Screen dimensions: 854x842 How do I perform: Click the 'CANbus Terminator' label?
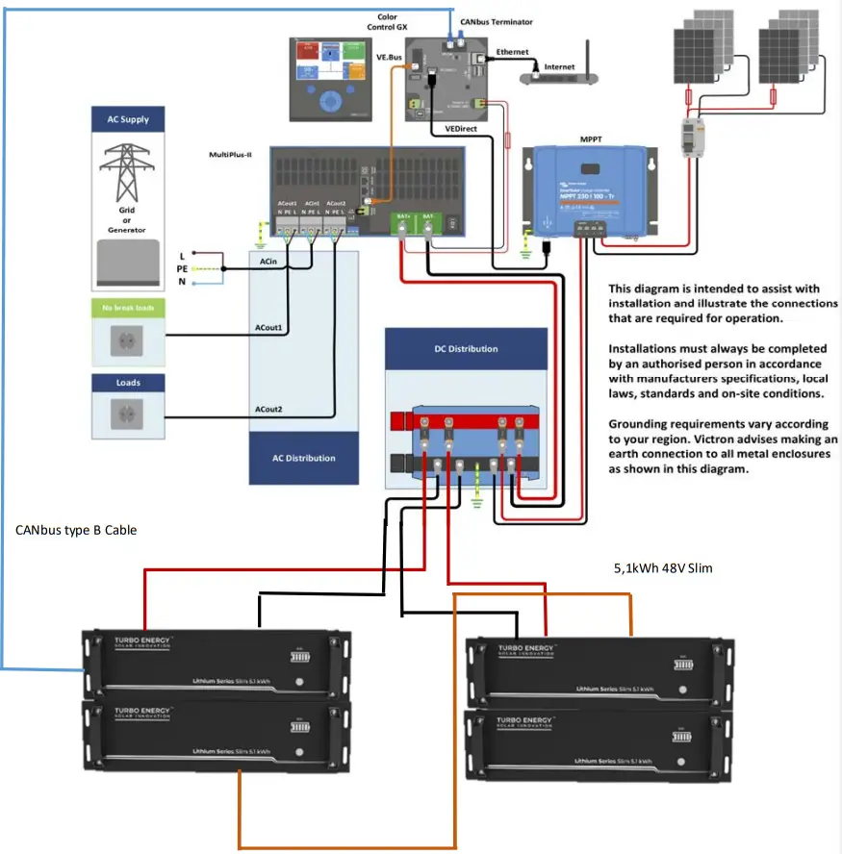point(496,21)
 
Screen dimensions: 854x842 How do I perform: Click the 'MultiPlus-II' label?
point(230,154)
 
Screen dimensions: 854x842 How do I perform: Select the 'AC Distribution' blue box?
point(303,458)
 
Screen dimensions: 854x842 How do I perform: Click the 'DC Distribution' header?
point(465,348)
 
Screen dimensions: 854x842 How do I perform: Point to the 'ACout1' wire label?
point(268,328)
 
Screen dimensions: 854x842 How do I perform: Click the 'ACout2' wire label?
point(268,409)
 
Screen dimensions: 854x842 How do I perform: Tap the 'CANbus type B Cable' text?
point(76,530)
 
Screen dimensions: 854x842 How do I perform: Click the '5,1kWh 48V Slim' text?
point(662,568)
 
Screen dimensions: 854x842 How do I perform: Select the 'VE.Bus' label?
point(388,58)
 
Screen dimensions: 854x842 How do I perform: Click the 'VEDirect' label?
point(461,127)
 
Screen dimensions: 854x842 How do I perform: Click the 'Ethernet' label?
point(512,51)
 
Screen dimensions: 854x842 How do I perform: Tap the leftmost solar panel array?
point(702,48)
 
